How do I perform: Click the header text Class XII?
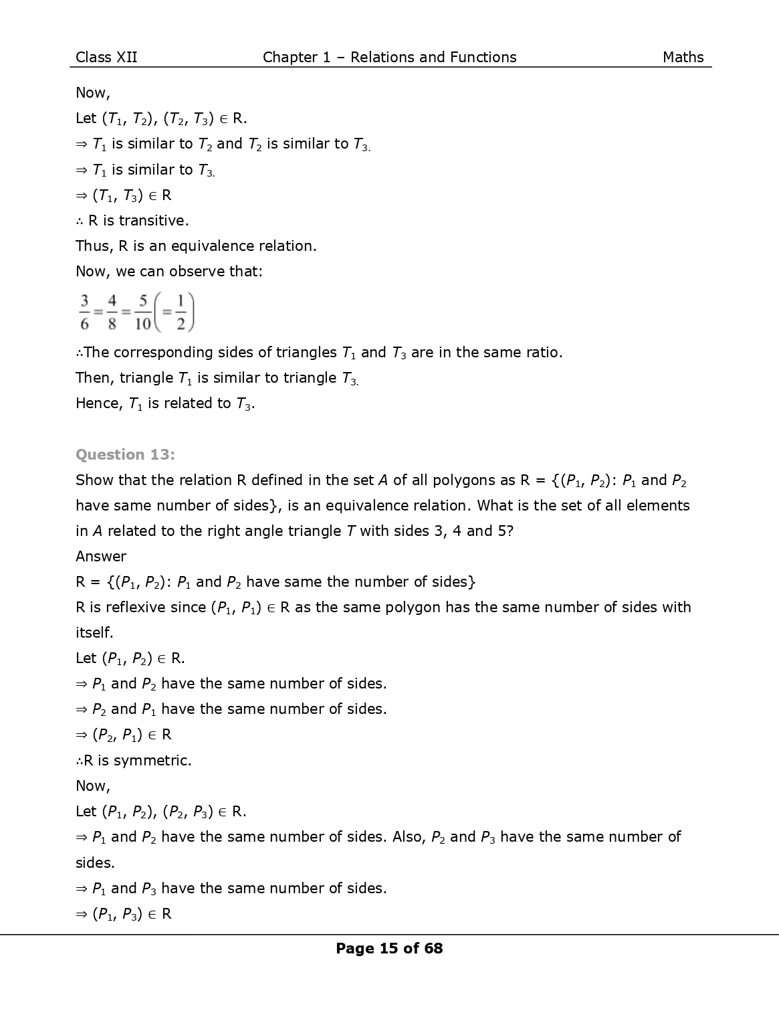click(x=106, y=58)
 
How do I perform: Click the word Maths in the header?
click(x=683, y=58)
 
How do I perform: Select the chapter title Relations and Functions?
click(x=433, y=58)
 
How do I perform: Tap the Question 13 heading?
click(x=125, y=455)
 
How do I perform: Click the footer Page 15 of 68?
click(x=389, y=948)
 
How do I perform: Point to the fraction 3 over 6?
click(x=85, y=312)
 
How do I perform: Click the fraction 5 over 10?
click(x=142, y=312)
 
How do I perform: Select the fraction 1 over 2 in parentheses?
click(x=181, y=312)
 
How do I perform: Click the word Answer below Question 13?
click(x=101, y=557)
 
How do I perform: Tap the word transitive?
click(x=153, y=221)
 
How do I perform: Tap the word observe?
click(x=192, y=272)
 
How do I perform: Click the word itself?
click(x=94, y=633)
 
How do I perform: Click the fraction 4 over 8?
click(x=112, y=312)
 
